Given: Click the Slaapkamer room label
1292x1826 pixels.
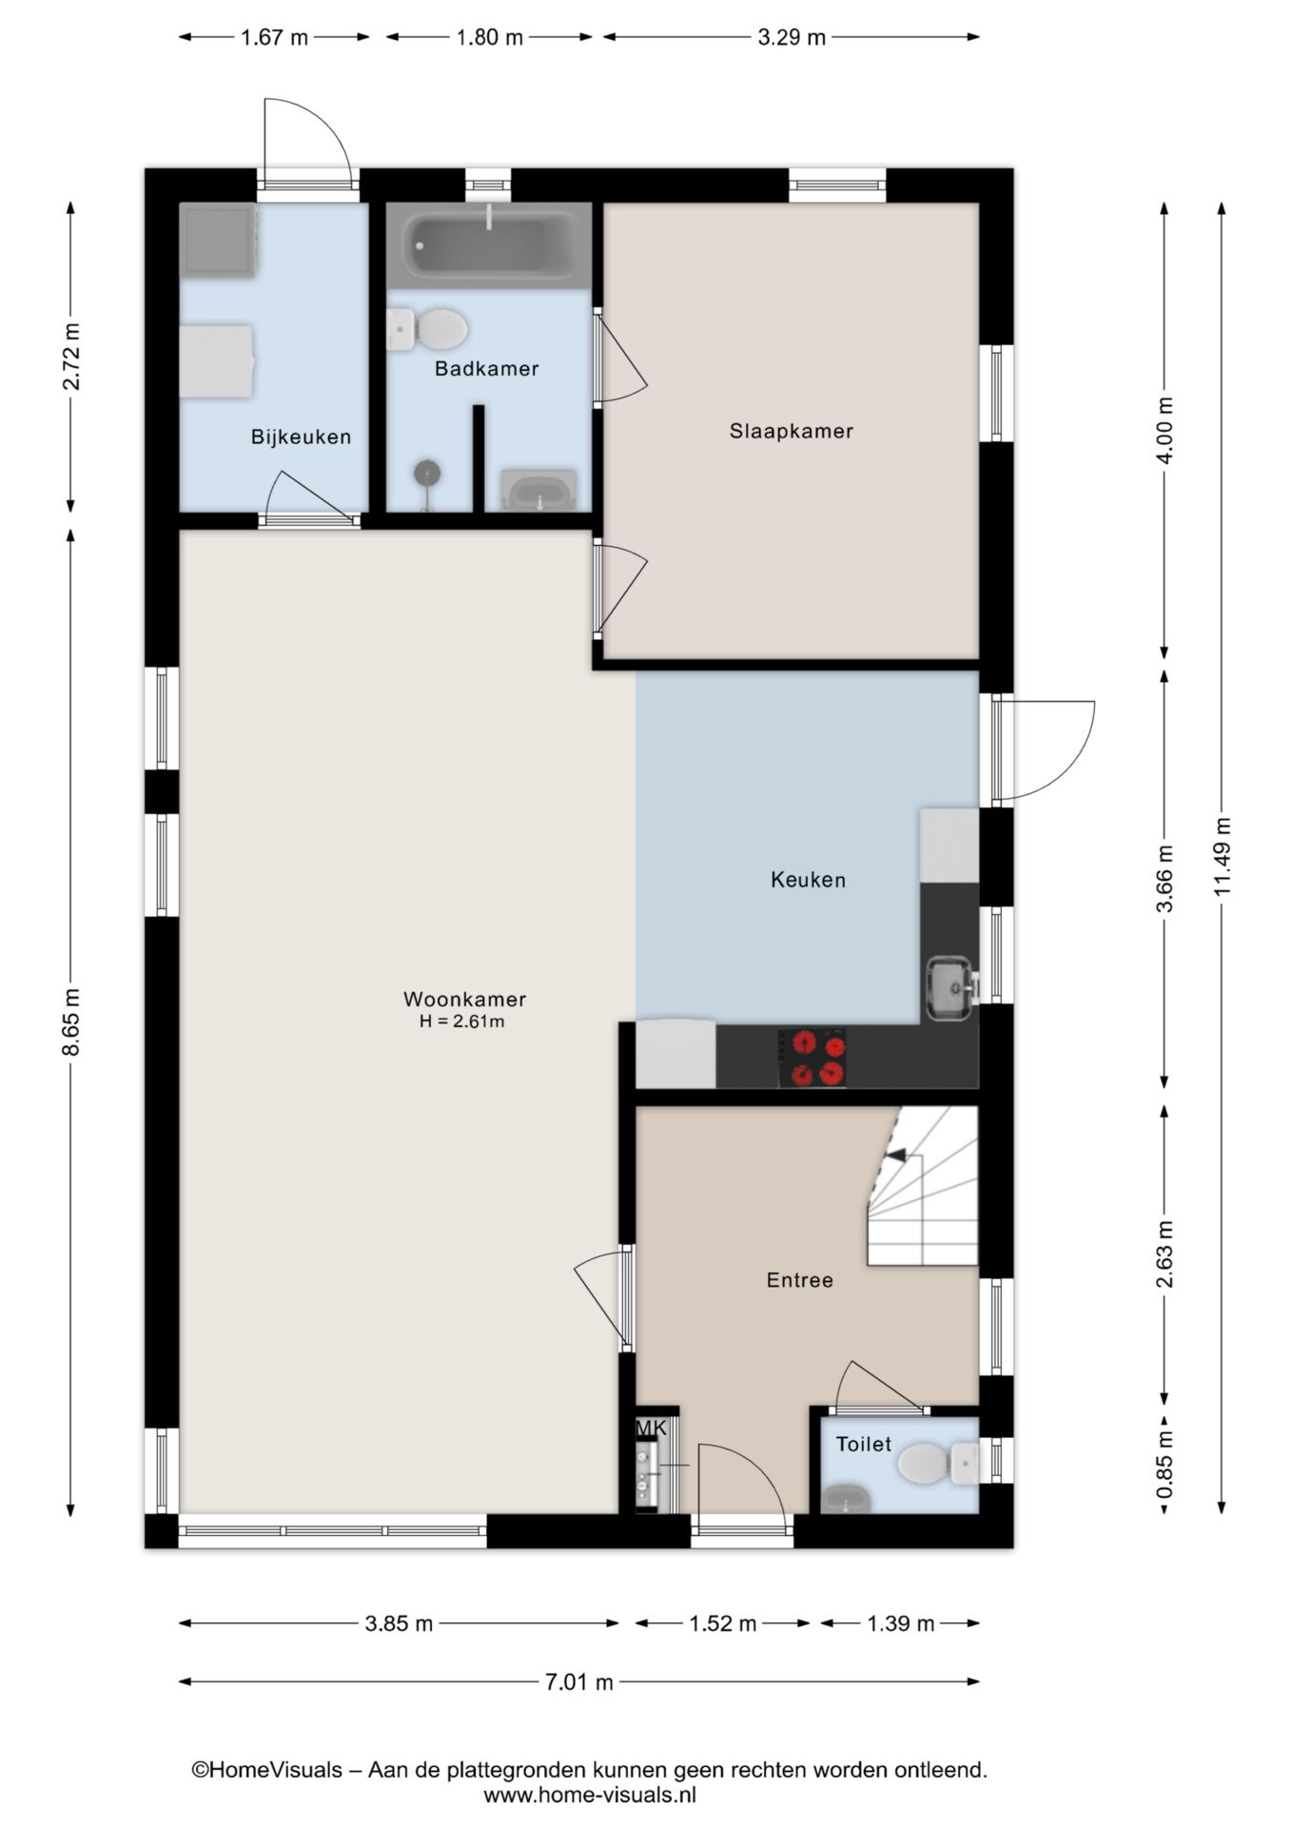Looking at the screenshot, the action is click(791, 431).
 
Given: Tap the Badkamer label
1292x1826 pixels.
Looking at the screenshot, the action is click(486, 368).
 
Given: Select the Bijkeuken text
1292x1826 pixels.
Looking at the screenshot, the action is click(301, 437).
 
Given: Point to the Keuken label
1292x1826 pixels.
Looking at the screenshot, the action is click(808, 880).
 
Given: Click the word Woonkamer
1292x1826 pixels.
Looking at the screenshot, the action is click(464, 999).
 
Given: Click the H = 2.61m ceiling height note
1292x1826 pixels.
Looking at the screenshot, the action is click(462, 1022).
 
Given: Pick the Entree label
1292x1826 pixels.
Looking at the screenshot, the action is click(799, 1280).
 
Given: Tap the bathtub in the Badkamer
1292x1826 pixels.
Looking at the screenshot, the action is click(488, 245).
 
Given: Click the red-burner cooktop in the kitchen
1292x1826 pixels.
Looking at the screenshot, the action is click(812, 1058).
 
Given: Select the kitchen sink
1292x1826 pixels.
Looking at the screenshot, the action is click(949, 988).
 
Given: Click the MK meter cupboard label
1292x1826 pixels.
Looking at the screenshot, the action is click(652, 1428).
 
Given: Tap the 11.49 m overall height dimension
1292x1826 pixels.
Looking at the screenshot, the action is click(1222, 856).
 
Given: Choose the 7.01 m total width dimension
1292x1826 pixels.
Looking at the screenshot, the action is click(578, 1682).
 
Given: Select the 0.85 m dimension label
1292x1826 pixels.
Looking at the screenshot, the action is click(1164, 1465).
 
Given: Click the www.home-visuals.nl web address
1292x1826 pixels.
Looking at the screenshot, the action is click(590, 1796).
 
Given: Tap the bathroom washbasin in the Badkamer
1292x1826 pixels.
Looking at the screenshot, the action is click(538, 492).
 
